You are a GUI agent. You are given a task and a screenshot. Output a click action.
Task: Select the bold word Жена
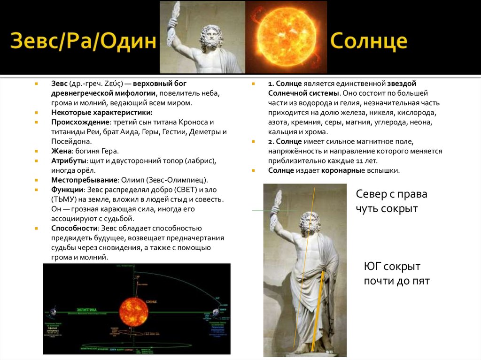point(61,151)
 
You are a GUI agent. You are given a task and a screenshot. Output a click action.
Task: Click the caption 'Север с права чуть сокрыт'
point(391,201)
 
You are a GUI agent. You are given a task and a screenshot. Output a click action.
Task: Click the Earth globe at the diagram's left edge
point(53,312)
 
